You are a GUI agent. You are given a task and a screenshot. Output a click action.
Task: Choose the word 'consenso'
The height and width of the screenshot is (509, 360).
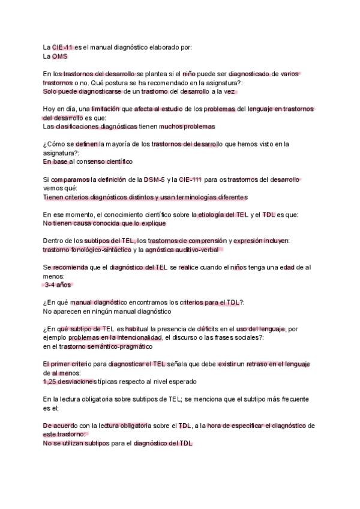pos(89,161)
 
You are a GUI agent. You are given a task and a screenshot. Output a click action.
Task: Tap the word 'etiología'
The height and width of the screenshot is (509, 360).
pos(214,214)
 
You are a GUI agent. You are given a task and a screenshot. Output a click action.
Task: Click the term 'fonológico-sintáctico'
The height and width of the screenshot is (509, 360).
pos(101,250)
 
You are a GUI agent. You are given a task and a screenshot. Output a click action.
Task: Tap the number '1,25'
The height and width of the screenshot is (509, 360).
pos(52,381)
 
